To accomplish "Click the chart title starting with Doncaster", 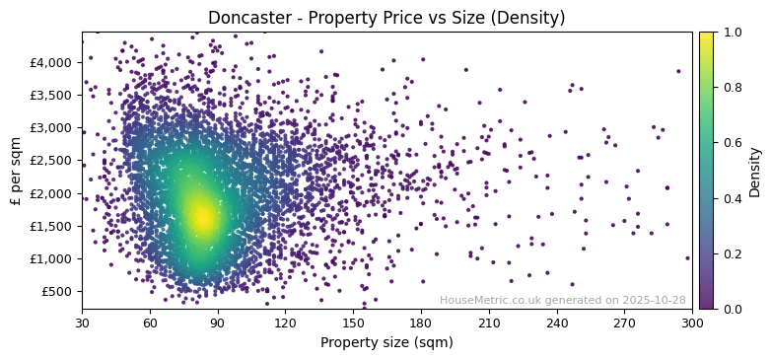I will [386, 18].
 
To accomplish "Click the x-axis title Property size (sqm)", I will [386, 343].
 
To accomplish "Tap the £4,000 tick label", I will [51, 62].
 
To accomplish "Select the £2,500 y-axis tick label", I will [51, 160].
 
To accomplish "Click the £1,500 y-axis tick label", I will [51, 226].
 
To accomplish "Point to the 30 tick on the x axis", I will [82, 323].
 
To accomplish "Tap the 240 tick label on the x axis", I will [557, 323].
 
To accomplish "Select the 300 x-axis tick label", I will [692, 323].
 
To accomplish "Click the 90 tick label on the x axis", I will [217, 323].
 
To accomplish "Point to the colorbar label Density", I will [755, 172].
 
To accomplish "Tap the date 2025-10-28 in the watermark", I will [654, 300].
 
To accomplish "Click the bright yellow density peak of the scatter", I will [201, 216].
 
